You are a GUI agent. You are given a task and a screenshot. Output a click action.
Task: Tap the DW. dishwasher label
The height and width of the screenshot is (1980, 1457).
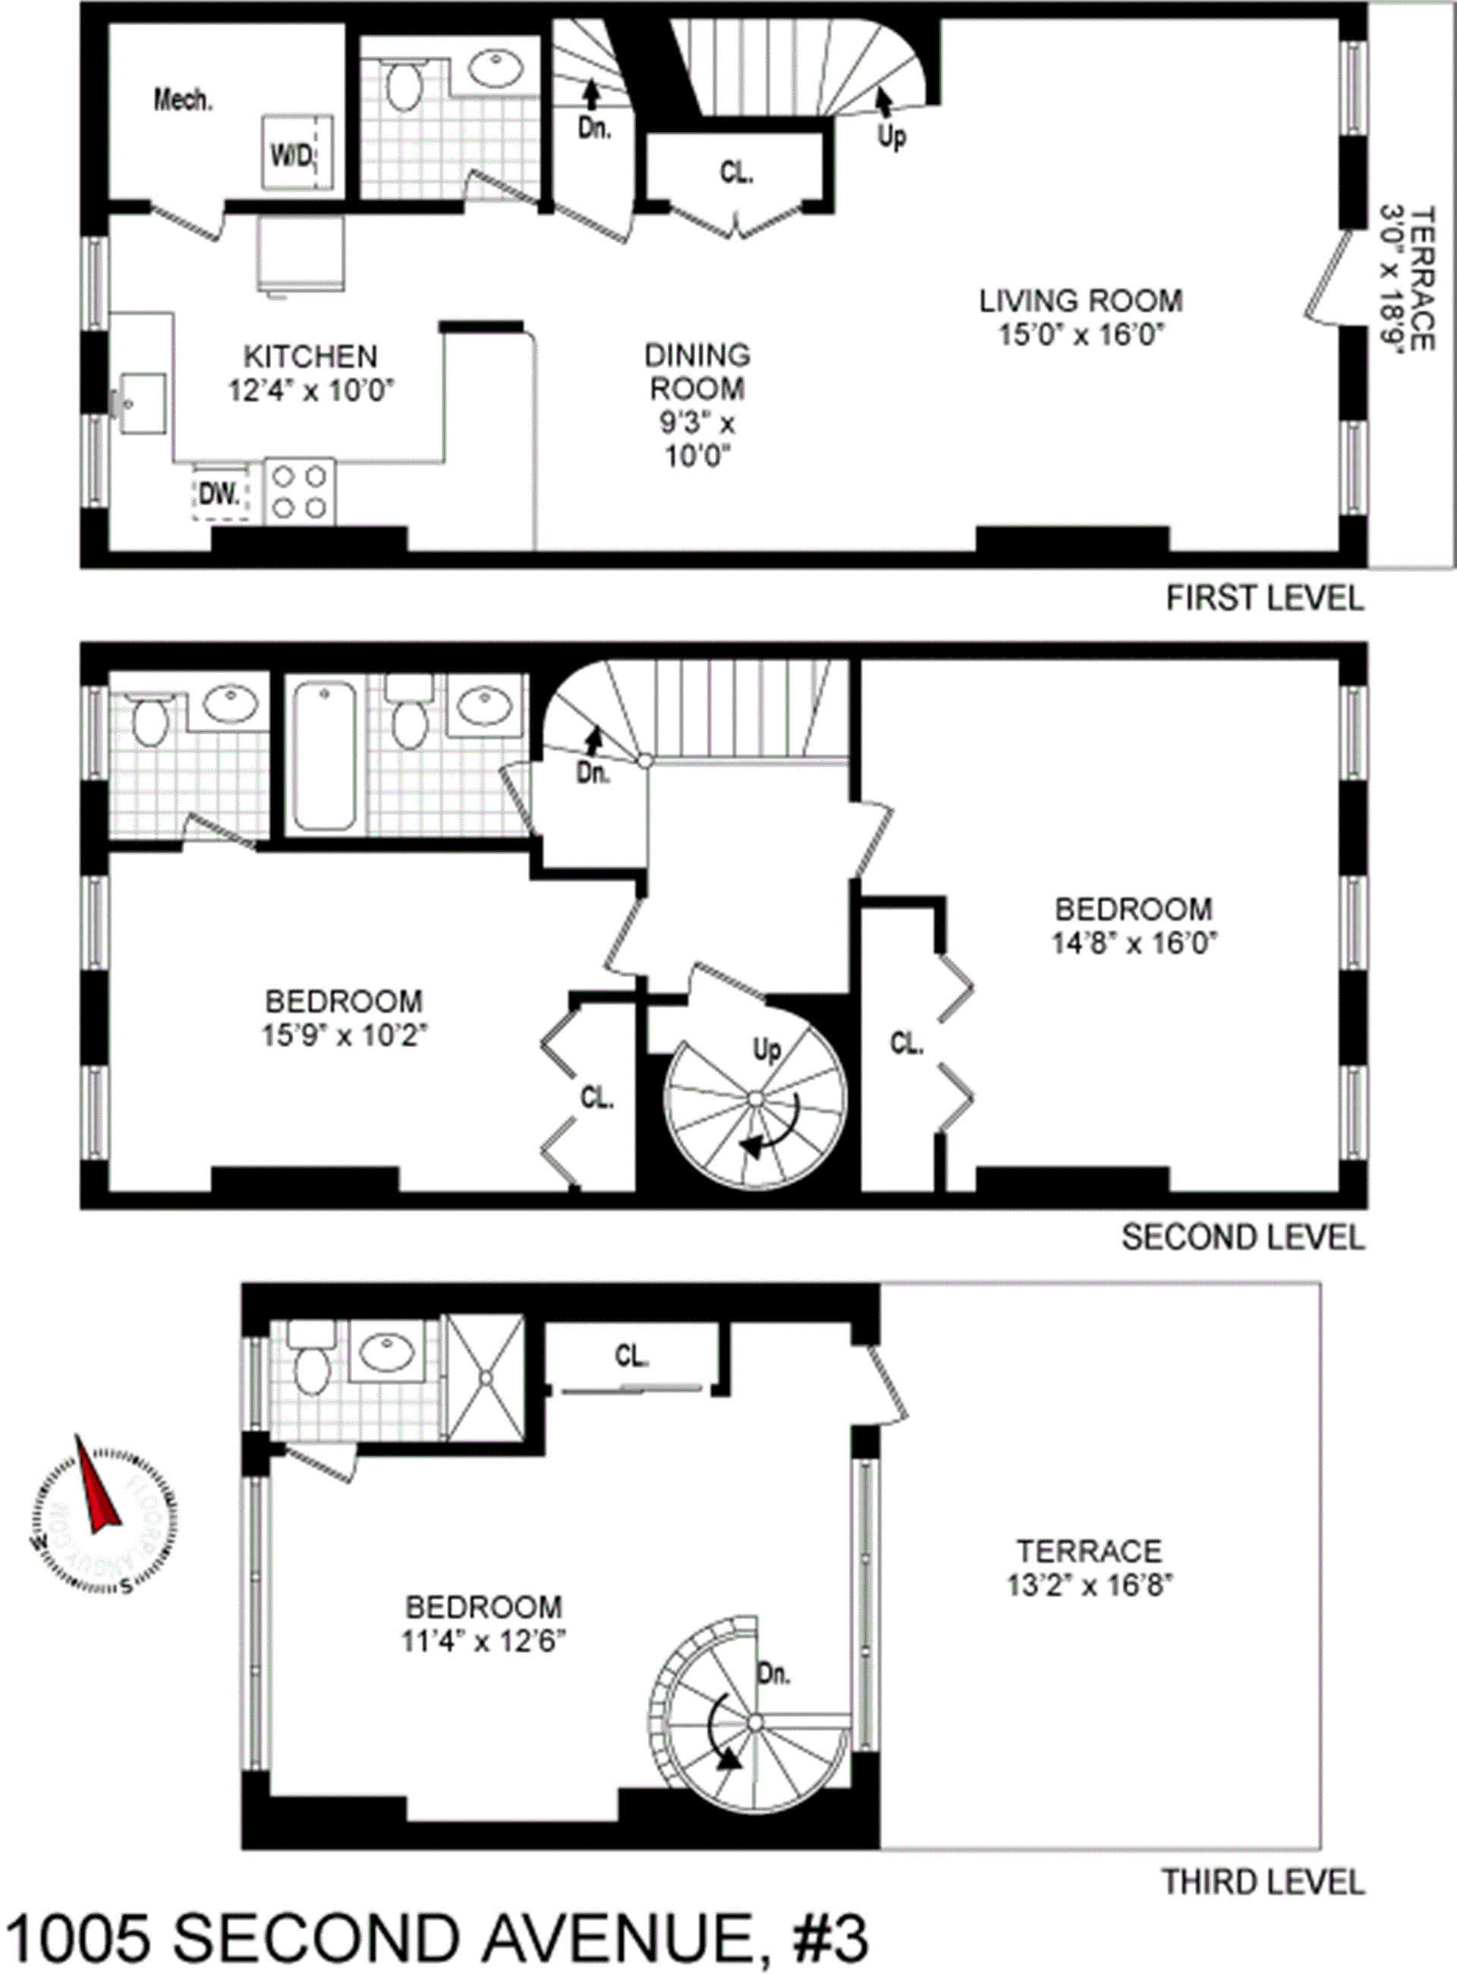pos(219,493)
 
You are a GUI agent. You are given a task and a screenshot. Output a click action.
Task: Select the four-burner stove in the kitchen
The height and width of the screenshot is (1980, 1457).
pos(300,491)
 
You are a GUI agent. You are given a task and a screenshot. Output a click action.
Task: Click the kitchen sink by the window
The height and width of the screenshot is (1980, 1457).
pos(141,403)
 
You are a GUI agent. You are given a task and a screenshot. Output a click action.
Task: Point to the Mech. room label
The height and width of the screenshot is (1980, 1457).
pos(183,99)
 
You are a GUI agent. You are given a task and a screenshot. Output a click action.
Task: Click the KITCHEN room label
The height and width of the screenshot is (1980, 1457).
pos(310,357)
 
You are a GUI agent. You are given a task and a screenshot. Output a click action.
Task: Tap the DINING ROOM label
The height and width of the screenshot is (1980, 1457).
pos(697,371)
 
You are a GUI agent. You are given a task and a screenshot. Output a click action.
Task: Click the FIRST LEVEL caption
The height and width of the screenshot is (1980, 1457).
pos(1263,598)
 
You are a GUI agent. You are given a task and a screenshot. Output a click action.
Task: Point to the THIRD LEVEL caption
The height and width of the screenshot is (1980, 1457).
pos(1262,1881)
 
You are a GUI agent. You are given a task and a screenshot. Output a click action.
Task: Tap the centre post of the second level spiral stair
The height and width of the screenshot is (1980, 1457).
pos(755,1098)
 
